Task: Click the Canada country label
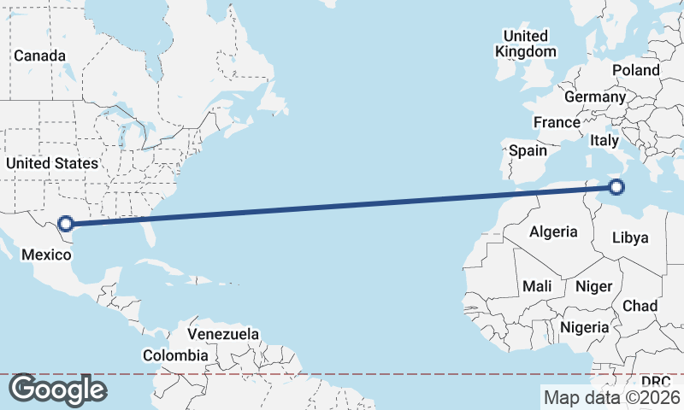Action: pyautogui.click(x=40, y=56)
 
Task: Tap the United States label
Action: pyautogui.click(x=52, y=162)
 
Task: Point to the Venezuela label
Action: pyautogui.click(x=223, y=333)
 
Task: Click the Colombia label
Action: pyautogui.click(x=175, y=355)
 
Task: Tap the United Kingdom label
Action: pyautogui.click(x=525, y=44)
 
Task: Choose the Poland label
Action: pyautogui.click(x=636, y=70)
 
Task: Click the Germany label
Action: pyautogui.click(x=595, y=97)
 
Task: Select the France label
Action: pyautogui.click(x=557, y=122)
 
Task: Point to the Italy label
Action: pyautogui.click(x=604, y=140)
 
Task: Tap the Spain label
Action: pyautogui.click(x=528, y=150)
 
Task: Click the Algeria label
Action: pyautogui.click(x=553, y=231)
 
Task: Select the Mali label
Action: pyautogui.click(x=537, y=286)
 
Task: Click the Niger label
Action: pyautogui.click(x=593, y=286)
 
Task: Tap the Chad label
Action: pyautogui.click(x=640, y=306)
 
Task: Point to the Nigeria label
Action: pyautogui.click(x=585, y=327)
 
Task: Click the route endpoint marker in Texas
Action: pyautogui.click(x=65, y=225)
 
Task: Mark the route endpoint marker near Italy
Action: pyautogui.click(x=616, y=187)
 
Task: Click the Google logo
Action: pyautogui.click(x=57, y=389)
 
